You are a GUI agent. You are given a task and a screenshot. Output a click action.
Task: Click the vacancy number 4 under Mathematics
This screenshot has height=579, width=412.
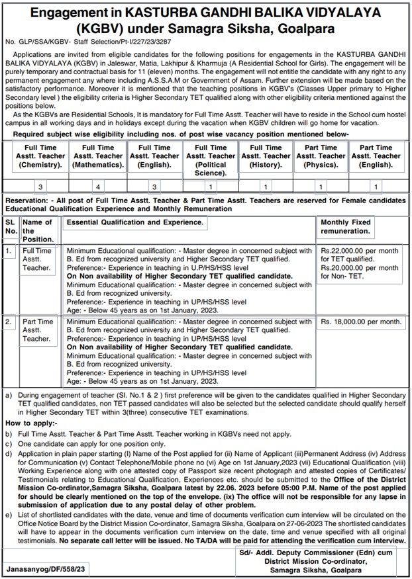point(98,187)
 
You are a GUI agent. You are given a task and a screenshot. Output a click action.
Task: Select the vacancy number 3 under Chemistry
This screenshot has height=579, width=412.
point(41,187)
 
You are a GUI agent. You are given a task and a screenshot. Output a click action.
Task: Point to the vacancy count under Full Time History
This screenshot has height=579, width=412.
point(266,187)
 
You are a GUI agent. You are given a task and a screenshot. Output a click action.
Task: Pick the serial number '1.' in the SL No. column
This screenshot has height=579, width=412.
point(9,251)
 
